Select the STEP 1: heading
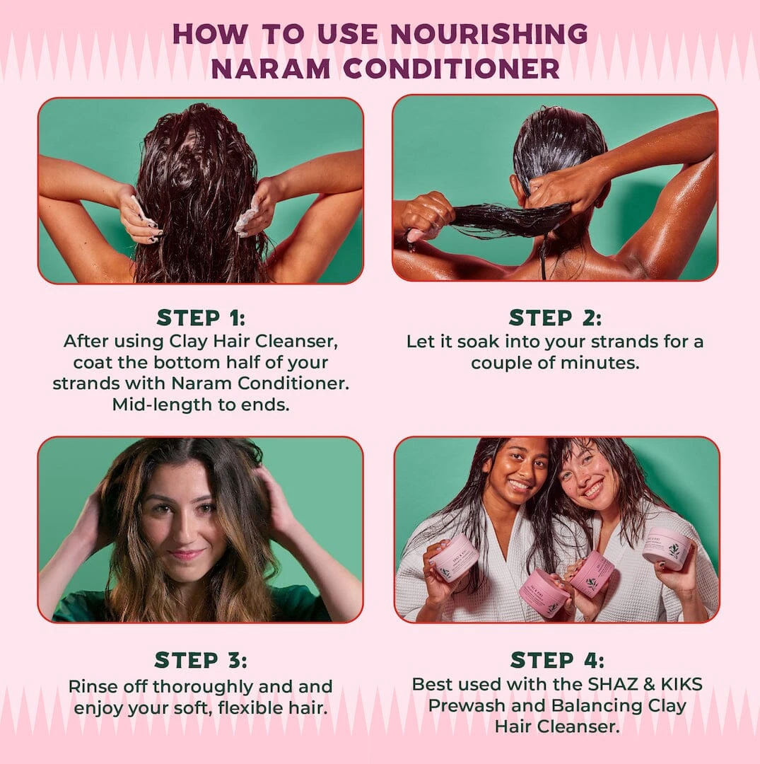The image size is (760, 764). click(201, 317)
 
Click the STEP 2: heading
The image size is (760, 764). click(555, 317)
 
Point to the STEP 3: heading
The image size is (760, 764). click(201, 660)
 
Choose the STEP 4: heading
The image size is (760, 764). click(557, 660)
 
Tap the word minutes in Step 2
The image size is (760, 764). click(605, 364)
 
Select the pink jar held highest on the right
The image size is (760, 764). click(667, 548)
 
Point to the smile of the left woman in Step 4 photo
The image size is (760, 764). click(518, 485)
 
